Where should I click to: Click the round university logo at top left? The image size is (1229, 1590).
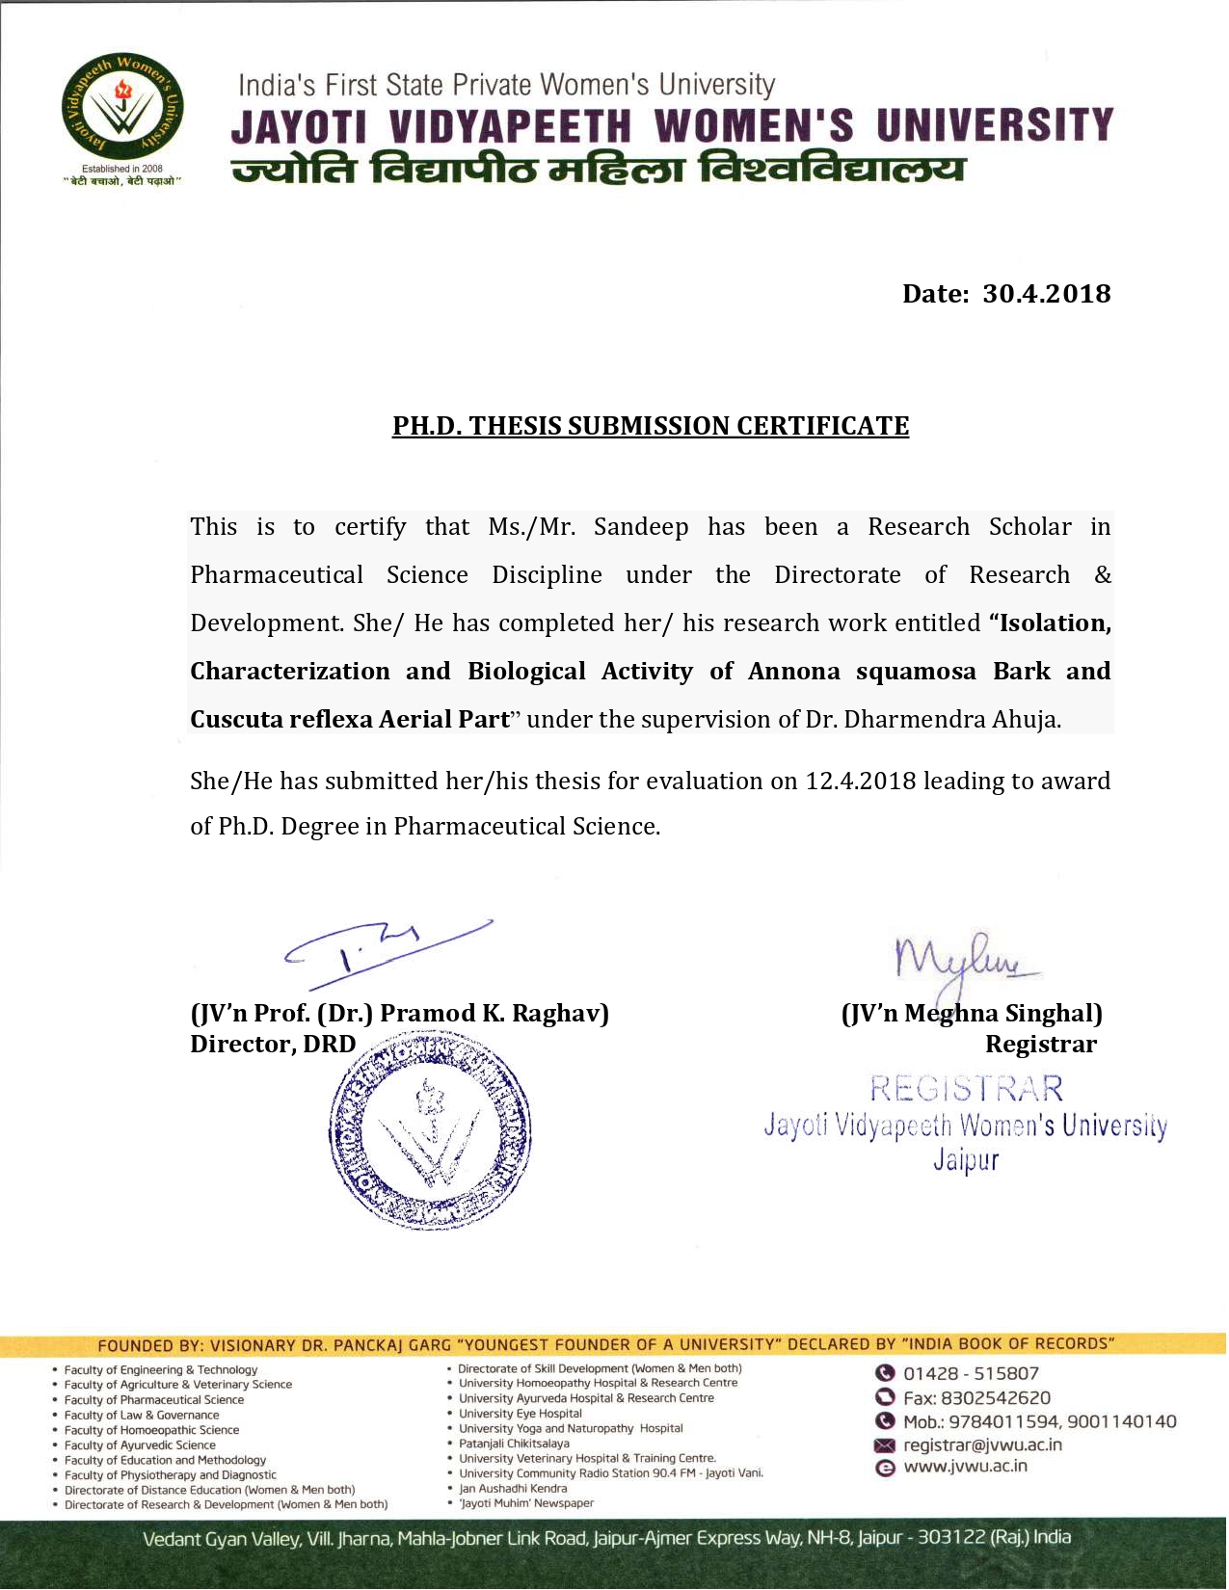click(x=122, y=107)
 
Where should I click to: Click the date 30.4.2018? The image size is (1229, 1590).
click(x=1046, y=294)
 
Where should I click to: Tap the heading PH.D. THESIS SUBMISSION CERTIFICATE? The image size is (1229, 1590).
click(x=651, y=426)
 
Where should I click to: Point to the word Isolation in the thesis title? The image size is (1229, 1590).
click(x=1055, y=623)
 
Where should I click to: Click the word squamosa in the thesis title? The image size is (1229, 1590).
click(x=916, y=672)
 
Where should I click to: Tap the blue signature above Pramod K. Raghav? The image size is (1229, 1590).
click(x=386, y=952)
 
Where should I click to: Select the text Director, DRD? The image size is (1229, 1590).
click(x=273, y=1045)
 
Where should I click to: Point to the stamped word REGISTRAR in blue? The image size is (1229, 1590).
click(x=966, y=1089)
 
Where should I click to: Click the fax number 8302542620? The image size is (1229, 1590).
click(x=995, y=1398)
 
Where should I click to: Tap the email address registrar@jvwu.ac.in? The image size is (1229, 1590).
click(x=982, y=1445)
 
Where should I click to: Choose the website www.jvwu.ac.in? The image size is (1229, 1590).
click(x=965, y=1467)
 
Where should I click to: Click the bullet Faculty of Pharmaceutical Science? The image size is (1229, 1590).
click(x=154, y=1400)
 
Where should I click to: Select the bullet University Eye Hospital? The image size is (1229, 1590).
click(x=521, y=1414)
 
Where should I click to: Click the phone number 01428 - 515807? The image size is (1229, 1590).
click(x=971, y=1374)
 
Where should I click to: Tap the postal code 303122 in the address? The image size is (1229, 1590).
click(x=950, y=1538)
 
